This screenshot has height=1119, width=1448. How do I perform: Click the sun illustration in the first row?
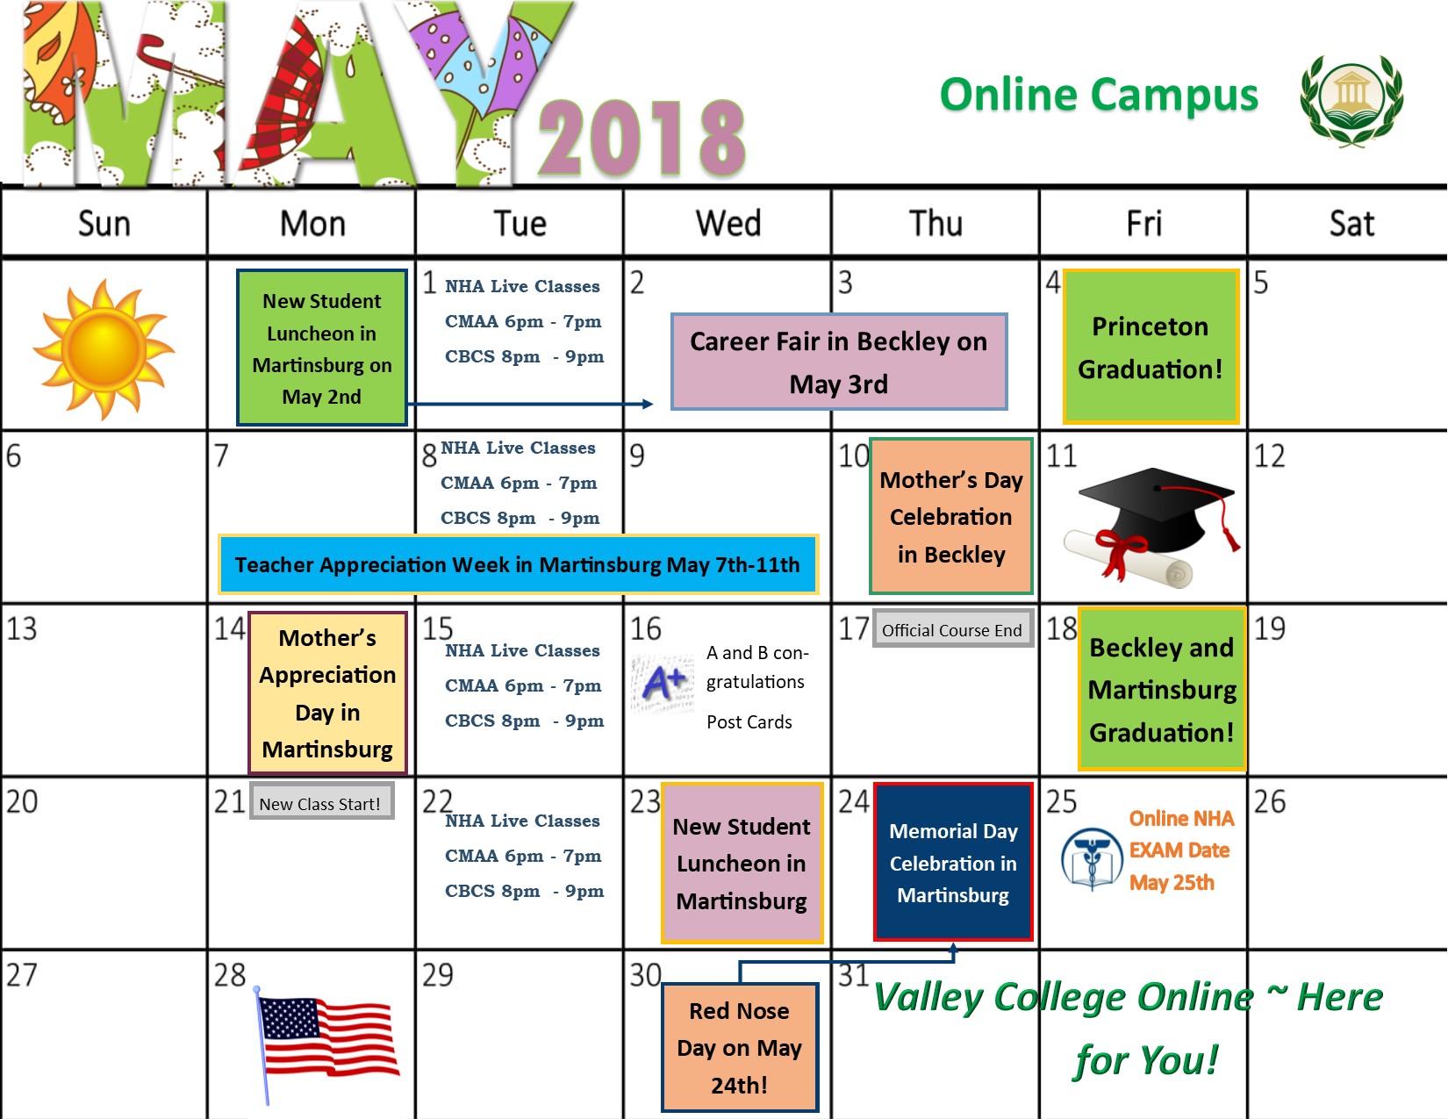(104, 348)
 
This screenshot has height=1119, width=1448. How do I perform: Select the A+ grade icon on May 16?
(663, 683)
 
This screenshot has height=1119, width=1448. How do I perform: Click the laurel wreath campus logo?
(1351, 98)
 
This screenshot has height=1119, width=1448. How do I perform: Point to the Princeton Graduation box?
(1150, 348)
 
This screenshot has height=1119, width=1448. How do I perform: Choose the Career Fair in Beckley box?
(838, 362)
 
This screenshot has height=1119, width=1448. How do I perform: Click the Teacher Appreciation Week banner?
(518, 564)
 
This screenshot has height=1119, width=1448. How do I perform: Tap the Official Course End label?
(952, 630)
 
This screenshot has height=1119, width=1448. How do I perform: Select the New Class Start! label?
(320, 803)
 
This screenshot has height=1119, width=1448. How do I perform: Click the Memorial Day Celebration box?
(953, 862)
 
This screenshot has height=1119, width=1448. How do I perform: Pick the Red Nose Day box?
(739, 1047)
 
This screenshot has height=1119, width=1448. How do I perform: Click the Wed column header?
(728, 224)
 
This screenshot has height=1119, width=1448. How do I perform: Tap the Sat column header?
(1351, 224)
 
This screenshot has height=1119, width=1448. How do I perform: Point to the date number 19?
(1269, 628)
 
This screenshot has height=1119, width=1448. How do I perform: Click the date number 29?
(437, 975)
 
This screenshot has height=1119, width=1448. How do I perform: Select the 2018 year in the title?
(642, 138)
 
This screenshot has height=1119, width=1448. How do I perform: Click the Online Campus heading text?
(1099, 95)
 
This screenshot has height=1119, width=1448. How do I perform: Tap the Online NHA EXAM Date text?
(1180, 850)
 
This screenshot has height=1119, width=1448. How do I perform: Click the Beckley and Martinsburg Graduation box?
(1161, 690)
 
